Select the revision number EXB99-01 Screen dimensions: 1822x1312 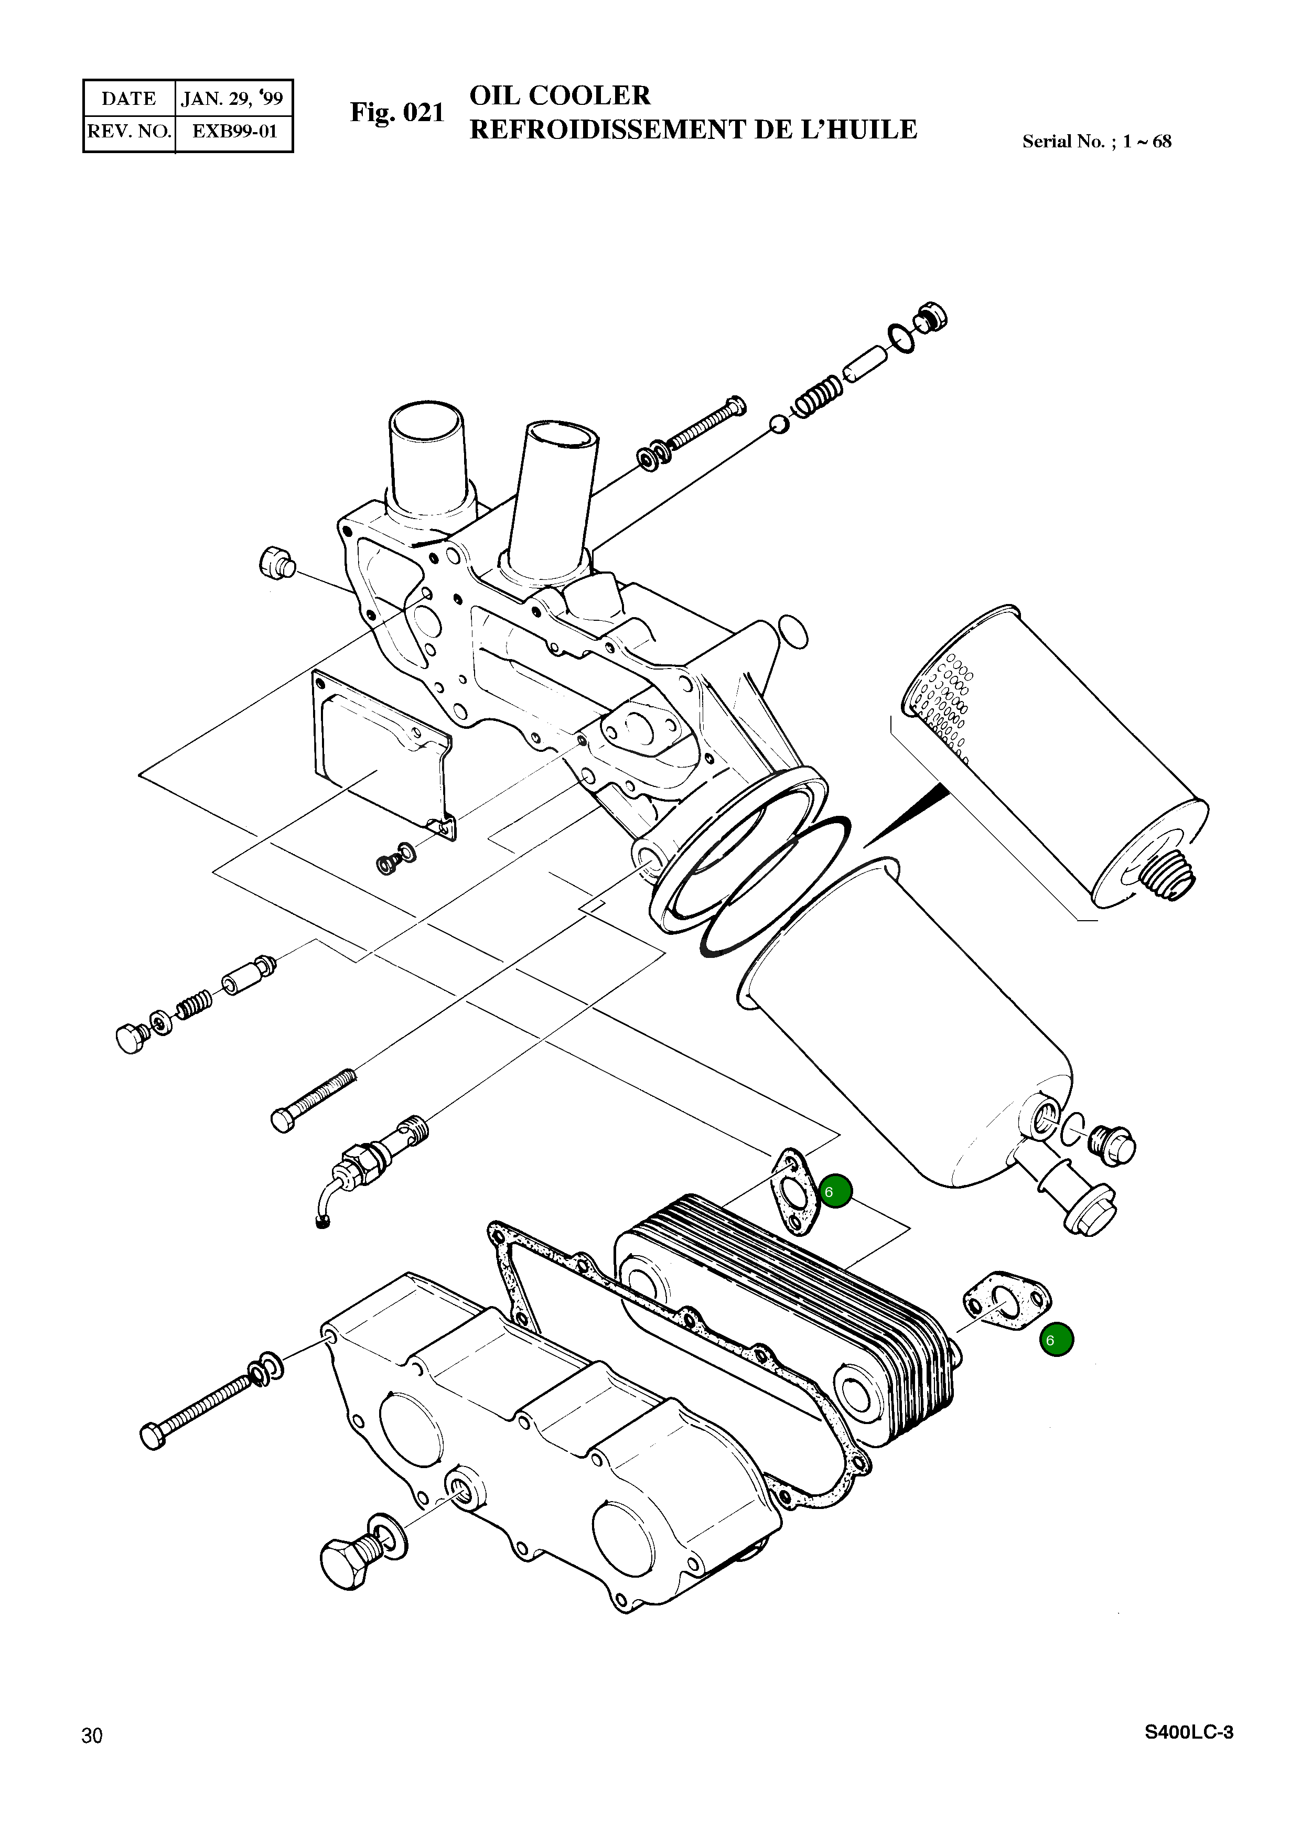coord(234,131)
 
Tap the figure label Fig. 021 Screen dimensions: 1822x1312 coord(397,113)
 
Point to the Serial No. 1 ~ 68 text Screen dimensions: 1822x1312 coord(1096,142)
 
